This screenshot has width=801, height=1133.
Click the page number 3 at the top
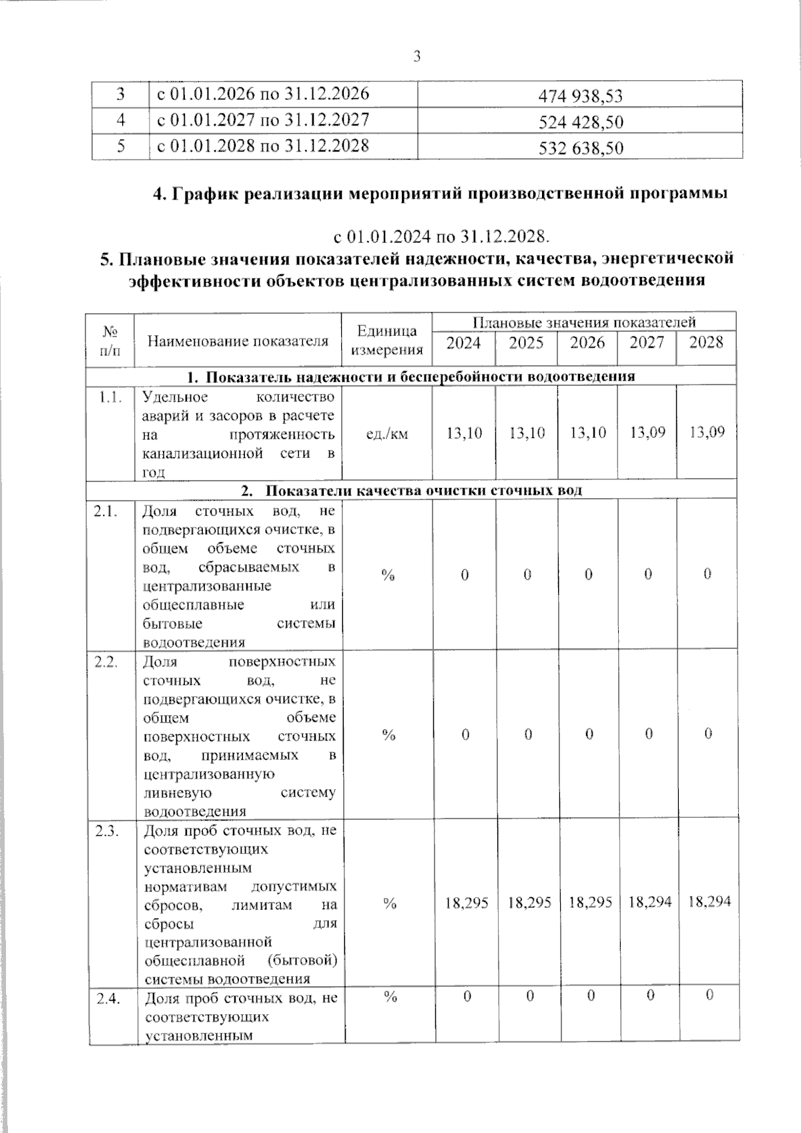417,57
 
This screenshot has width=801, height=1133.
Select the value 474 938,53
580,96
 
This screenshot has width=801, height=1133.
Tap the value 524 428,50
580,122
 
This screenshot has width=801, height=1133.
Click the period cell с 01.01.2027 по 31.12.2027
263,120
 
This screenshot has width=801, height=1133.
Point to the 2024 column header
463,343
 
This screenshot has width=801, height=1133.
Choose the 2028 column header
706,343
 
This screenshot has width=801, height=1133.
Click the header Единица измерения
387,341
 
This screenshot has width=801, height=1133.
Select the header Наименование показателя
238,341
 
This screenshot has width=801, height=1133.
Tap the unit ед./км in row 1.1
387,434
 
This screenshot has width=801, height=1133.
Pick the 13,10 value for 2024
464,433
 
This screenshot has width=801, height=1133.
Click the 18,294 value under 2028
709,902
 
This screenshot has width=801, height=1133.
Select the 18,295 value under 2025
529,903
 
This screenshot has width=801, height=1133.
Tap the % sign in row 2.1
388,575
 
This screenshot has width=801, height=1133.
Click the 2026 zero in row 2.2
589,734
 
